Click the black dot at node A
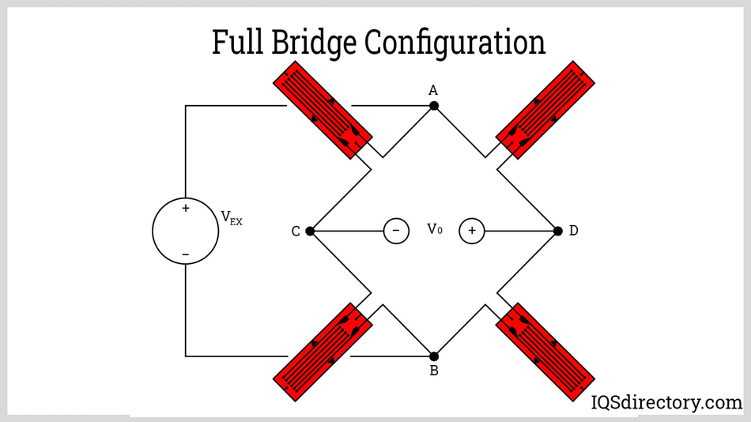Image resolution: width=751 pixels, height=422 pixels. coord(434,106)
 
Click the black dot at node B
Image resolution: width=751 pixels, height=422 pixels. coord(434,356)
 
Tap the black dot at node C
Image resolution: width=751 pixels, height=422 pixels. coord(310,231)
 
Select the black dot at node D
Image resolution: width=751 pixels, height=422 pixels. coord(558,231)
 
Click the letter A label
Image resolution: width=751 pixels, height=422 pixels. coord(433,90)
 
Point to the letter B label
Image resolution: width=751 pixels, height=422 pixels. coord(434,371)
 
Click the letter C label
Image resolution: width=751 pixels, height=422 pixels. coord(296,232)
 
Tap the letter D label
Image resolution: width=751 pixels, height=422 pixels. coord(573,231)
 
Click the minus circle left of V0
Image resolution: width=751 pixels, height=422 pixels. coord(396,231)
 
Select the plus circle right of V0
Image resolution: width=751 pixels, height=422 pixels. coord(472,231)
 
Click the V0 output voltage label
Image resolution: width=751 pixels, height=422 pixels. coord(435,229)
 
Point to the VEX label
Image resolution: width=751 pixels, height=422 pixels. coord(231,218)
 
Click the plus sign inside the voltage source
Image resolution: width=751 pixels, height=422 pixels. coord(186,209)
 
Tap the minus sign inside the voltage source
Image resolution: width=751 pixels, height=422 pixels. coord(186,254)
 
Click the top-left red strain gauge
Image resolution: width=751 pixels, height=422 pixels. coord(323,110)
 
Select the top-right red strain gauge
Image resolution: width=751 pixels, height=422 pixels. coord(545,110)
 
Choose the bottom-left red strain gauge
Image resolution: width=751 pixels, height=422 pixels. coord(323,352)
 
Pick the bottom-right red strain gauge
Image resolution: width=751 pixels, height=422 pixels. coord(545,352)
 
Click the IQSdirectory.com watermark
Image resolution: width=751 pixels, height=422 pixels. coord(666,402)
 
